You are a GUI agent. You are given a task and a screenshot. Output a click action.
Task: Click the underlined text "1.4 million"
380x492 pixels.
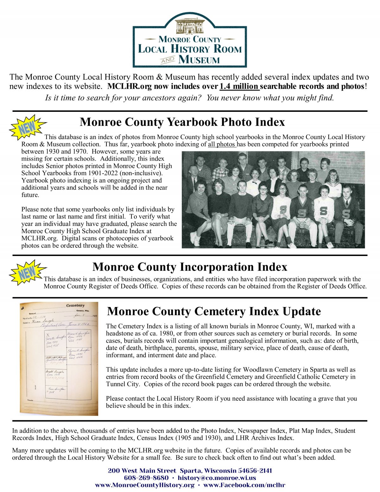[239, 86]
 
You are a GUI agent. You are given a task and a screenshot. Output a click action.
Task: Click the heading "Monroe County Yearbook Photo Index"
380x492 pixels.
[182, 122]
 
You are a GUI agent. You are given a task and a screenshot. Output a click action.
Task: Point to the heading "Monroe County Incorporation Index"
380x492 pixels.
[190, 267]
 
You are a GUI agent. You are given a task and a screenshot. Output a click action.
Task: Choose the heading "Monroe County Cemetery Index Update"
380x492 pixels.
[214, 311]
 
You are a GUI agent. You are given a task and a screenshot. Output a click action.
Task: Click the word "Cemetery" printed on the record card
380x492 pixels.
[75, 305]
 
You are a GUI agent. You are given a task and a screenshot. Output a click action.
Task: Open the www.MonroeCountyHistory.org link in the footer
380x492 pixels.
[145, 485]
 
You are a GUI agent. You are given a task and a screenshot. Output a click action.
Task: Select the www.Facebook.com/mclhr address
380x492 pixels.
[244, 485]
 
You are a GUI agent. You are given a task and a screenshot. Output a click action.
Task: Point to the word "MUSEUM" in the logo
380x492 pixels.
[199, 60]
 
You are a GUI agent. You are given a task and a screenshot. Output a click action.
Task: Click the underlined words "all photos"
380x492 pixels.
[222, 144]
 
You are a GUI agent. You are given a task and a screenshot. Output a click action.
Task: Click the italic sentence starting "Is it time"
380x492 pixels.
[189, 98]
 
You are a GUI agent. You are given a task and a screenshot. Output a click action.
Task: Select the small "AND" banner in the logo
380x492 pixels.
[168, 60]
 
